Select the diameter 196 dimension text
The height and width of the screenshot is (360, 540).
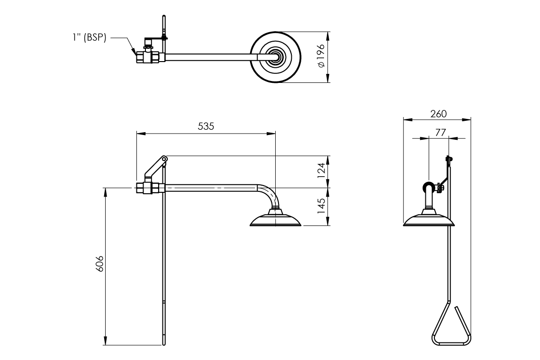pos(321,57)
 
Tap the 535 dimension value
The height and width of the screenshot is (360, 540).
pos(206,126)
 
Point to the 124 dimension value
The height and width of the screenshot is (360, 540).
pos(321,171)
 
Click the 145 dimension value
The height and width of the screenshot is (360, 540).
pos(321,207)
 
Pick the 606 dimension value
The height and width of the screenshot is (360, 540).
pos(99,266)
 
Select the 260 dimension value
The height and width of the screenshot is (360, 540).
pos(438,114)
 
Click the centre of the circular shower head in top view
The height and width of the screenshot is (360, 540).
pos(275,57)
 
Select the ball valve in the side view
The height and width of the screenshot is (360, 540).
pos(150,188)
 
